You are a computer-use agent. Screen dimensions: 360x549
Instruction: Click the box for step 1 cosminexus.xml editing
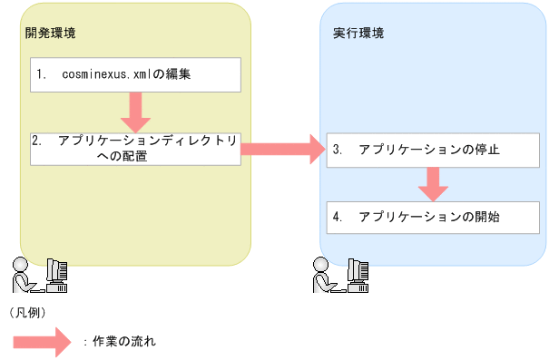click(x=137, y=75)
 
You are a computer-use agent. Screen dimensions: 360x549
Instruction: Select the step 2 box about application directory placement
click(x=136, y=148)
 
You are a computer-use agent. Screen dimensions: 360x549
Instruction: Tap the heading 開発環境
click(x=51, y=34)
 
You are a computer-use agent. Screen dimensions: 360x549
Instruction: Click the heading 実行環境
click(x=358, y=34)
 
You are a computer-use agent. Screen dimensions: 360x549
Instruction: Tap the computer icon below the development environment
click(x=56, y=275)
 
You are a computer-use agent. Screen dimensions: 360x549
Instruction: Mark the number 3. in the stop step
click(x=337, y=149)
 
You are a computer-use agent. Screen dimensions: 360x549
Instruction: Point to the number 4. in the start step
click(x=337, y=217)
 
